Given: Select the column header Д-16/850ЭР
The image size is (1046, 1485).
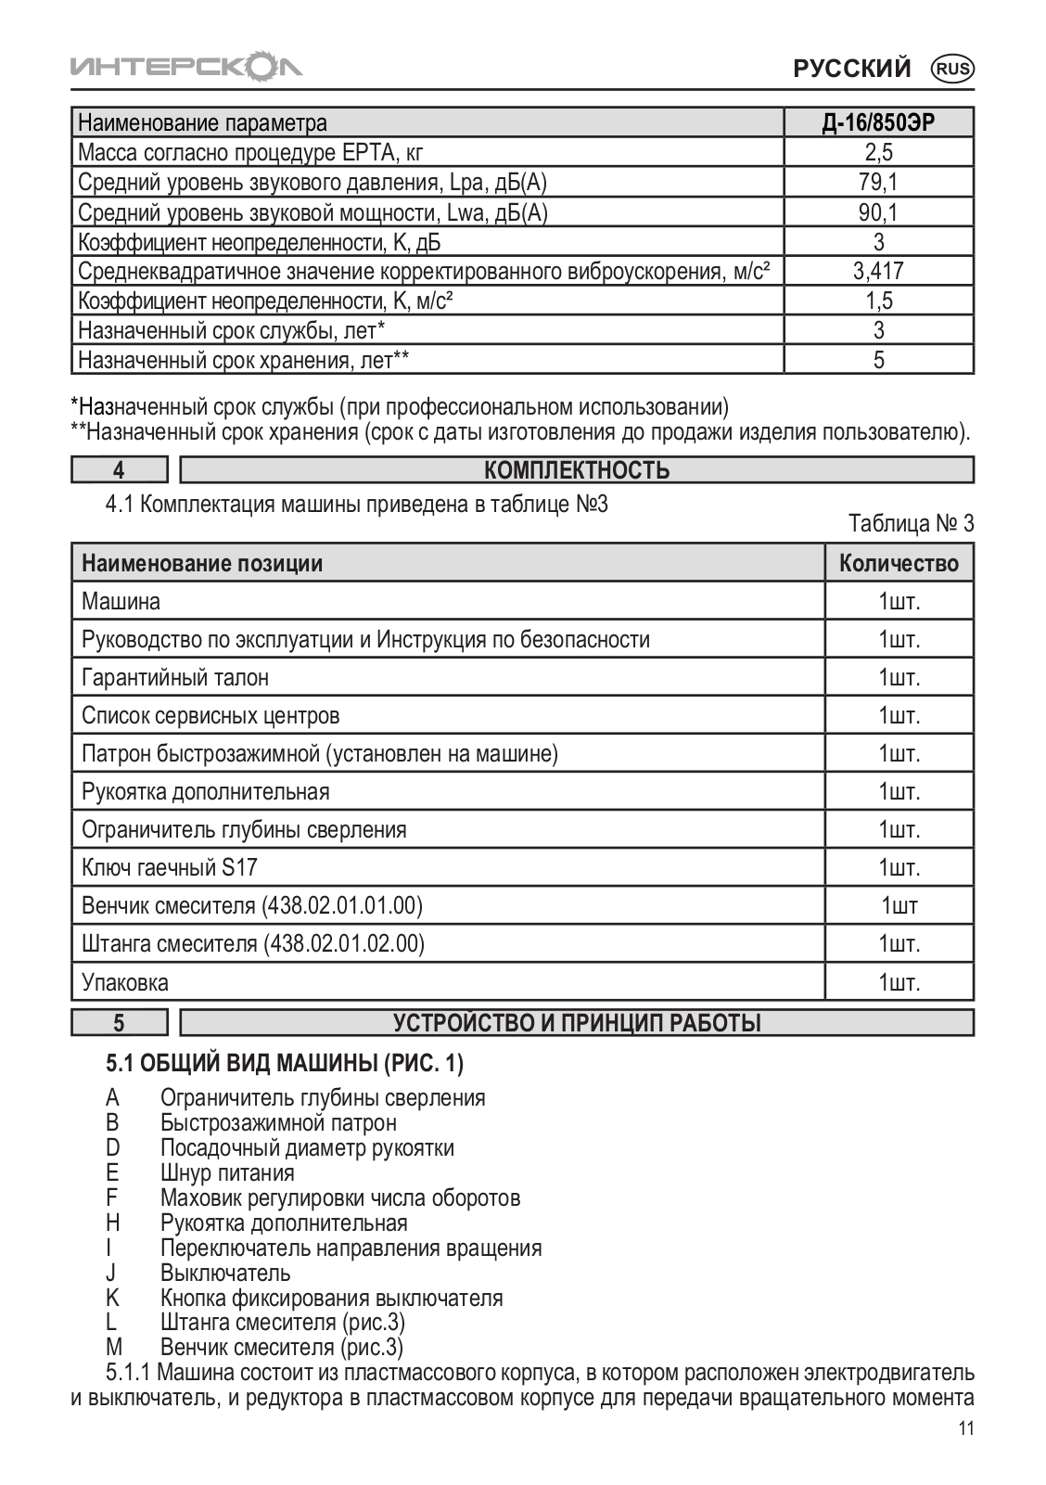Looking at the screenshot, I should click(878, 122).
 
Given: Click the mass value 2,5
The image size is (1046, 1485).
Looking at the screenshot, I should click(878, 152).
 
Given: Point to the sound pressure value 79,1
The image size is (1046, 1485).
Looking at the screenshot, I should click(878, 182).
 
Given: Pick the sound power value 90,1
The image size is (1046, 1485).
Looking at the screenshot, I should click(878, 212).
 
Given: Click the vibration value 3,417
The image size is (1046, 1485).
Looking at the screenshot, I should click(878, 271).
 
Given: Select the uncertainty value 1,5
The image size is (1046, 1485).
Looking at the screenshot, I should click(878, 301).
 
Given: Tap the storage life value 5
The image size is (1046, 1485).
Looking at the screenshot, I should click(878, 360).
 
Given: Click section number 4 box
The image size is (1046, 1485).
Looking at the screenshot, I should click(120, 470).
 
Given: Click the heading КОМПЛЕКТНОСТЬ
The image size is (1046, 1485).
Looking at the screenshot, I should click(577, 470).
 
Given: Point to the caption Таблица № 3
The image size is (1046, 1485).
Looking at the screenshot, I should click(911, 524).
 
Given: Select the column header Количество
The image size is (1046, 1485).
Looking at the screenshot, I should click(899, 563).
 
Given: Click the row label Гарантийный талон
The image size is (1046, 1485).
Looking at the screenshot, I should click(175, 678).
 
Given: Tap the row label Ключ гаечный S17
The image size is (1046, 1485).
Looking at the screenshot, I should click(170, 868).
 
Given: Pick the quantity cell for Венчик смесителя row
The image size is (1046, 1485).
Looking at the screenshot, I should click(899, 906).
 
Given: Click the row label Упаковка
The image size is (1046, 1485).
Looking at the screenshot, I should click(125, 982).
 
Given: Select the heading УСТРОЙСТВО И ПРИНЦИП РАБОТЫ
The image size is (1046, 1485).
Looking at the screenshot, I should click(577, 1023).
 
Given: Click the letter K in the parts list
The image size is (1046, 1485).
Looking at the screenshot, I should click(112, 1298).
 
